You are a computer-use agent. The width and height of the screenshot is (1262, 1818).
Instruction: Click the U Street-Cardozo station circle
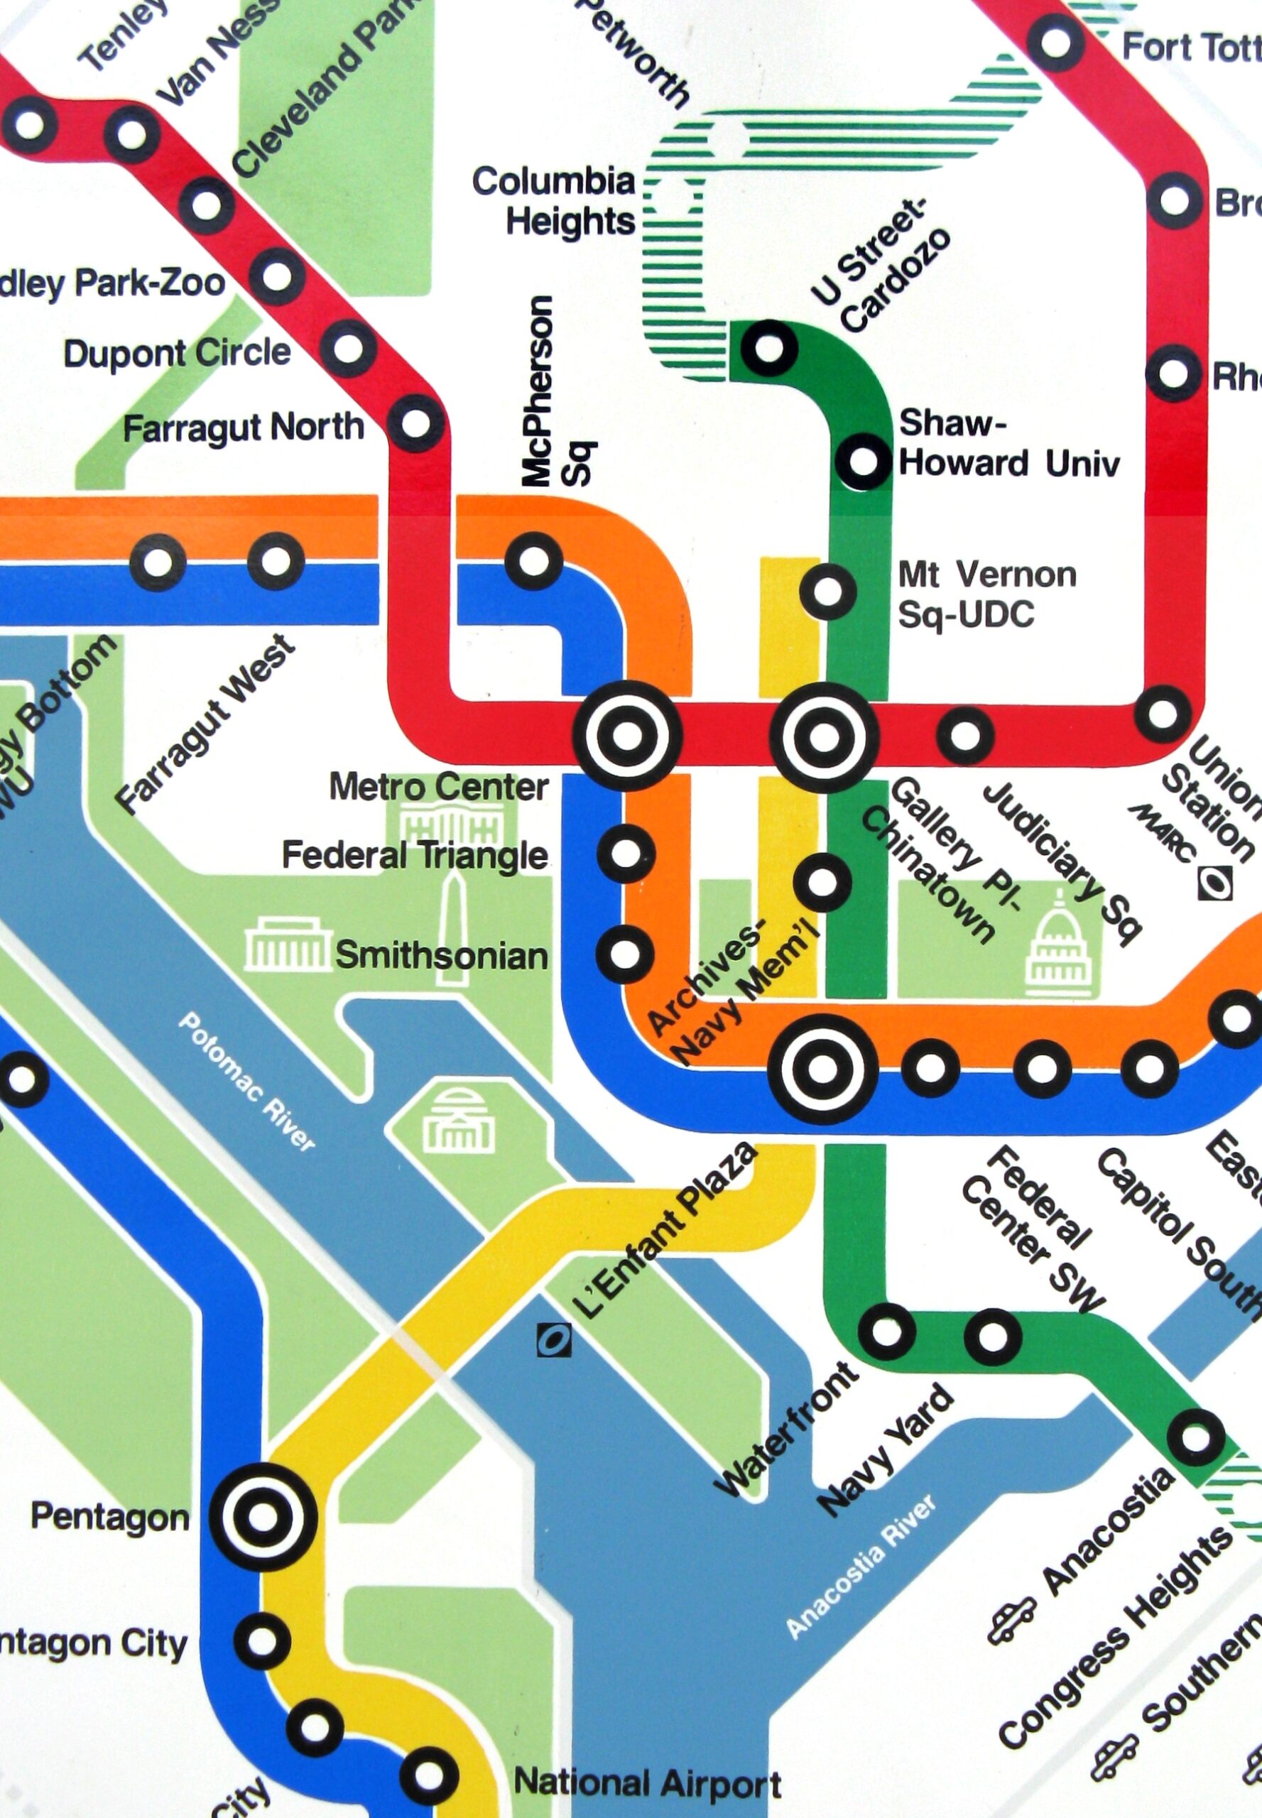point(766,347)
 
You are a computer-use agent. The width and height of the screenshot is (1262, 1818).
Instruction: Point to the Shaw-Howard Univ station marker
point(863,459)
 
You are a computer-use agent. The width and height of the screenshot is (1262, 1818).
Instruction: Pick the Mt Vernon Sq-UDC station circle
point(827,590)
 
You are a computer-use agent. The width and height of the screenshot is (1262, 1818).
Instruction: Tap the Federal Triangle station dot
point(626,852)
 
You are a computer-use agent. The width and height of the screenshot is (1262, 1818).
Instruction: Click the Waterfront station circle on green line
point(887,1332)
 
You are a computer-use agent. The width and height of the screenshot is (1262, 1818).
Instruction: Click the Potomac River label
point(246,1081)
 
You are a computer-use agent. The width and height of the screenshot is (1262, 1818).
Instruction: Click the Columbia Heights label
point(555,201)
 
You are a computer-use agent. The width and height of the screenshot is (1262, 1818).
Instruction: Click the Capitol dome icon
point(1058,948)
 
